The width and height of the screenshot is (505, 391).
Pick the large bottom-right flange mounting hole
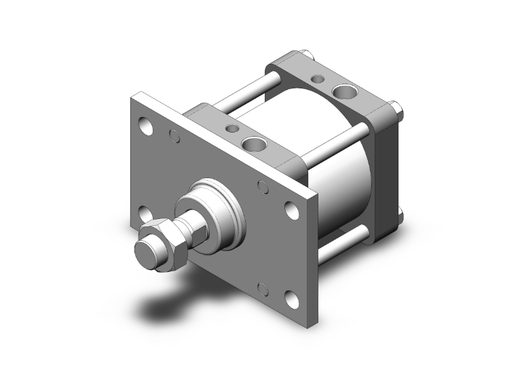click(291, 299)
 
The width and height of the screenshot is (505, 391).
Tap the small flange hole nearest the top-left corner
click(174, 137)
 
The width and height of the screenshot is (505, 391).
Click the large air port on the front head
click(255, 143)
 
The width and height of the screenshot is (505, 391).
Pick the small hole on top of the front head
click(233, 128)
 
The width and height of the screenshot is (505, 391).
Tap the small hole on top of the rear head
click(318, 78)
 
